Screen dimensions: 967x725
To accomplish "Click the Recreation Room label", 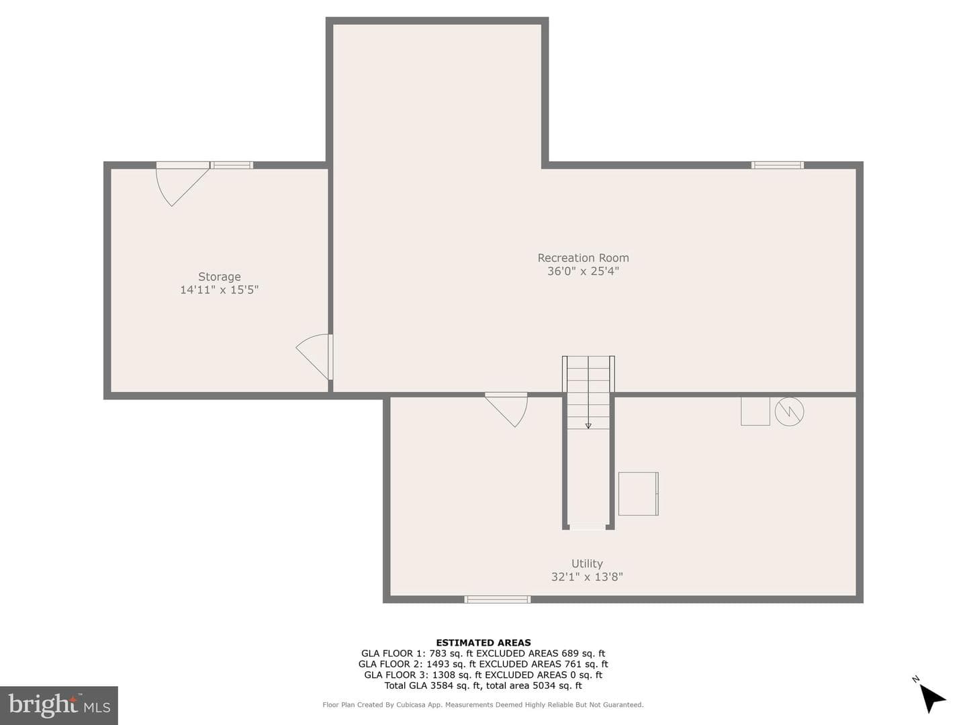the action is tap(583, 258).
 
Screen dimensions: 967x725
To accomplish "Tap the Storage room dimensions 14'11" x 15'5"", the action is tap(219, 289).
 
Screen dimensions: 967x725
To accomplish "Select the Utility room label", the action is tap(587, 564).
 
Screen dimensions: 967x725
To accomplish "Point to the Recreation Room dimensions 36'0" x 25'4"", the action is tap(583, 271).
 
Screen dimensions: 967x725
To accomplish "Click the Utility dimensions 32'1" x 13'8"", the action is tap(587, 577).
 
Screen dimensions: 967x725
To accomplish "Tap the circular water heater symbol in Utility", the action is tap(789, 412).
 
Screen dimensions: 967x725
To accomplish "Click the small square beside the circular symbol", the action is tap(755, 411).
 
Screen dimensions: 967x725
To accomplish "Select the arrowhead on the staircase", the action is tap(588, 426).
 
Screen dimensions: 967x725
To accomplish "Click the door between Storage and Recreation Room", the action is tap(315, 356).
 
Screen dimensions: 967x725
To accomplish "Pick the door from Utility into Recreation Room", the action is tap(506, 409).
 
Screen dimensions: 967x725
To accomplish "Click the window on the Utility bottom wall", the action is tap(498, 599).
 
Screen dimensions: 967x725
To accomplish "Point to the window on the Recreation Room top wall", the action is tap(778, 165).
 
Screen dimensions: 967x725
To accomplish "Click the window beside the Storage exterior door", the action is tap(231, 165).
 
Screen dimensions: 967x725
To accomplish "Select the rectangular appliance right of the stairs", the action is tap(639, 493).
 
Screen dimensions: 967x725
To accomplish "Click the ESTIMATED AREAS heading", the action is tap(483, 642).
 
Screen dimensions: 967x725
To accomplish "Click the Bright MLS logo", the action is tap(59, 705).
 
